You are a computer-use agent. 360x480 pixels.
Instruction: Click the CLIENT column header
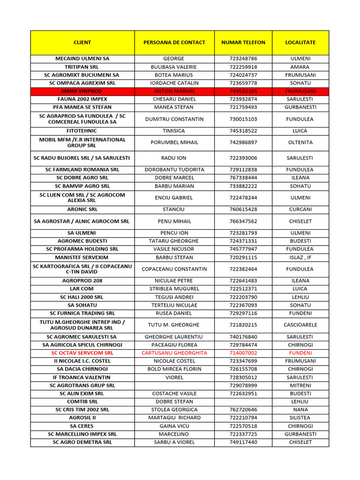click(82, 43)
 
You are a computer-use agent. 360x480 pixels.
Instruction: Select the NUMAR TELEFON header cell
click(243, 43)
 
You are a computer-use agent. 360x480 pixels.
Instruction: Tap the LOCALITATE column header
click(300, 43)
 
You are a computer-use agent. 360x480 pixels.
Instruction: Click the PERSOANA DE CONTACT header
click(174, 43)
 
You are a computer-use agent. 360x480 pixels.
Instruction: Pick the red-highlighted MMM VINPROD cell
click(82, 91)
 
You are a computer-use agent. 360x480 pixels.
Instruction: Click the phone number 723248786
click(243, 59)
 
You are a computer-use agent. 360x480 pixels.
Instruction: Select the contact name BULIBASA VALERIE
click(174, 67)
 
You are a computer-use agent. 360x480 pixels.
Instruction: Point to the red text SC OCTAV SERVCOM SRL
click(82, 353)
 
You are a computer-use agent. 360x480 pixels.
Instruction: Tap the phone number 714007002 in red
click(243, 353)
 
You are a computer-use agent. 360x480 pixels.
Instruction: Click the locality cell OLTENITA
click(300, 142)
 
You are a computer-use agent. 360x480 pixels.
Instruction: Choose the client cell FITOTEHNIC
click(82, 131)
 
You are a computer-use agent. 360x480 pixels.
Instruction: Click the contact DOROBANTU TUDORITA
click(174, 170)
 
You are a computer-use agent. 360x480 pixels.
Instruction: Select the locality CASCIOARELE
click(300, 325)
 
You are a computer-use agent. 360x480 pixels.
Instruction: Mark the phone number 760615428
click(243, 210)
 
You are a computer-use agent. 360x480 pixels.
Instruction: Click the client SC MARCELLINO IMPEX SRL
click(82, 434)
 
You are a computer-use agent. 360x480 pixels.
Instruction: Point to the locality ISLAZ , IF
click(300, 257)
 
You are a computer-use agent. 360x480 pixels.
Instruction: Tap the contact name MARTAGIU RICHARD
click(174, 418)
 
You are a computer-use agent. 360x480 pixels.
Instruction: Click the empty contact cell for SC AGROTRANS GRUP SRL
click(174, 385)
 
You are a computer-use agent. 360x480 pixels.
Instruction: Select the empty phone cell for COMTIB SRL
click(243, 402)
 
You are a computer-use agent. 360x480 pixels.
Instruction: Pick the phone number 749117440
click(243, 442)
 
